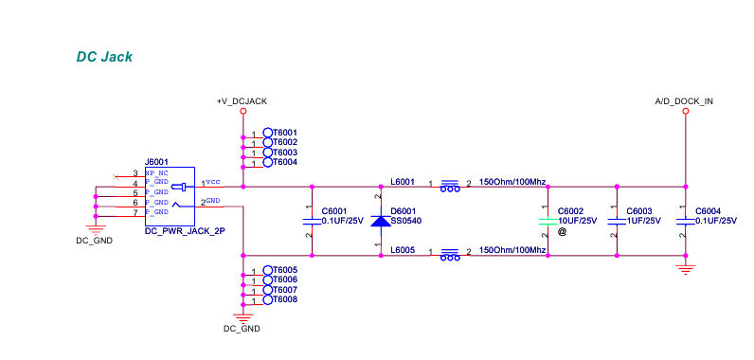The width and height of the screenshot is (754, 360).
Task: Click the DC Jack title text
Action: coord(104,57)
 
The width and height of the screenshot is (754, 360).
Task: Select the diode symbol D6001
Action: coord(382,221)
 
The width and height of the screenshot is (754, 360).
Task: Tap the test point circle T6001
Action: coord(268,133)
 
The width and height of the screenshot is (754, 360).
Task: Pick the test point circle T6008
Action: coord(268,300)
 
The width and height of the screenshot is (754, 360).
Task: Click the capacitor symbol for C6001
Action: coord(312,221)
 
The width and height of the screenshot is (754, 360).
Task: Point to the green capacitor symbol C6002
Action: coord(548,221)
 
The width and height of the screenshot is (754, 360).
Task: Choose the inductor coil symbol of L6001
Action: coord(450,186)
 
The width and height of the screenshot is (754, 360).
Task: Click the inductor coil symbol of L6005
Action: coord(450,255)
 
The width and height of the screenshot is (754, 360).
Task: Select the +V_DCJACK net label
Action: coord(242,101)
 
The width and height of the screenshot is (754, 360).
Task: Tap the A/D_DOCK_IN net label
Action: coord(684,101)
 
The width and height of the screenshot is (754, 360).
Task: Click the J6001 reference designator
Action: coord(156,162)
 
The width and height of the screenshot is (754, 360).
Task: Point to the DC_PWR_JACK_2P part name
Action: coord(185,231)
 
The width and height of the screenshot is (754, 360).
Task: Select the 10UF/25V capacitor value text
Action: coord(578,221)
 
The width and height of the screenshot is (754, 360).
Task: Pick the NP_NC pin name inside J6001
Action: coord(156,172)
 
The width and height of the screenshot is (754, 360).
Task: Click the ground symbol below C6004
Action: coord(686,269)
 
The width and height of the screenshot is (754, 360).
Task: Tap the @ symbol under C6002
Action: coord(562,232)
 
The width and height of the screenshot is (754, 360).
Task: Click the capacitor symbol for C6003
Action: coord(617,221)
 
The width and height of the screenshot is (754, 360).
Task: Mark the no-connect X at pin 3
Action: coord(115,177)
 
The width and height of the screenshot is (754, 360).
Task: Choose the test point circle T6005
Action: coord(268,270)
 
